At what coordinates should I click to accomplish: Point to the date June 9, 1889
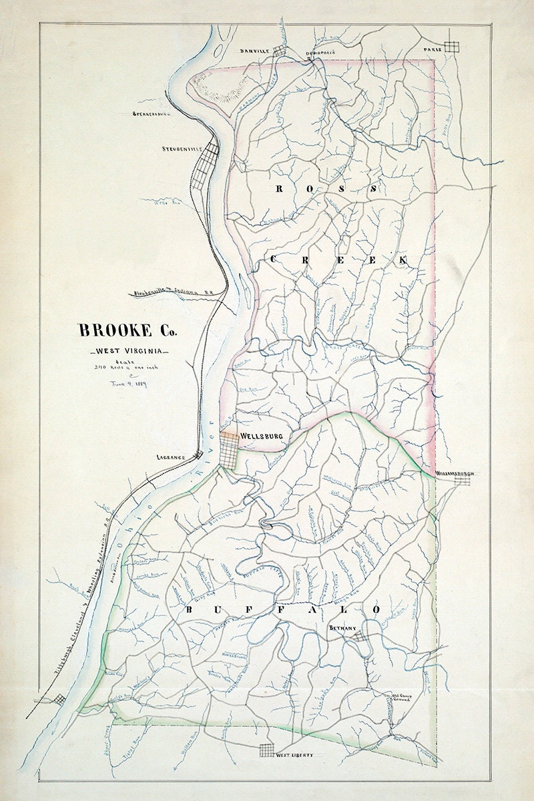pos(129,384)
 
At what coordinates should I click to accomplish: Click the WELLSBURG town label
pos(262,436)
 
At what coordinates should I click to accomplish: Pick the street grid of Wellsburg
pos(230,451)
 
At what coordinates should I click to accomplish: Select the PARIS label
pos(432,50)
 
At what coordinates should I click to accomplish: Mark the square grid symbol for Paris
pos(453,47)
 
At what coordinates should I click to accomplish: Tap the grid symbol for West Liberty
pos(267,751)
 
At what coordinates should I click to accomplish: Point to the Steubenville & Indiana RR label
pos(174,292)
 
